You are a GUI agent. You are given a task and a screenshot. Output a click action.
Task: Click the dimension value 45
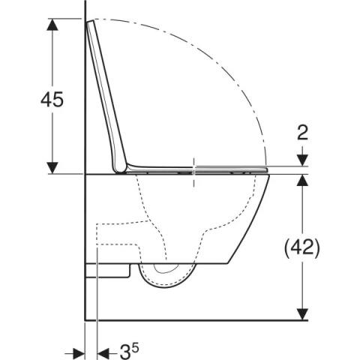coord(52,99)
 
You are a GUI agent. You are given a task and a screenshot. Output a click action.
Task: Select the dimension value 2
coord(302,133)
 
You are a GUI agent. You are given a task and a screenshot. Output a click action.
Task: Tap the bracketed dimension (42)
coord(302,247)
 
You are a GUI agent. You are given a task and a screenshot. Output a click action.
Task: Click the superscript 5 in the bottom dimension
coord(135,347)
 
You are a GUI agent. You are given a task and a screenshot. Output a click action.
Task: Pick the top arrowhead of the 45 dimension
coord(52,25)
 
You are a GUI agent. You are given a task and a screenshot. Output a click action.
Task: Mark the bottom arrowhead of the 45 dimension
coord(52,168)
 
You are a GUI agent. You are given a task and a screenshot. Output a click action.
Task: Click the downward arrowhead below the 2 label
coord(302,160)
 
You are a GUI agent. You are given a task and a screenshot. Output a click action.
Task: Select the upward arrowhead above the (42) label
coord(302,180)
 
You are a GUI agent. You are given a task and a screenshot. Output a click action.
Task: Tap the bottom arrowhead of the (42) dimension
coord(302,314)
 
